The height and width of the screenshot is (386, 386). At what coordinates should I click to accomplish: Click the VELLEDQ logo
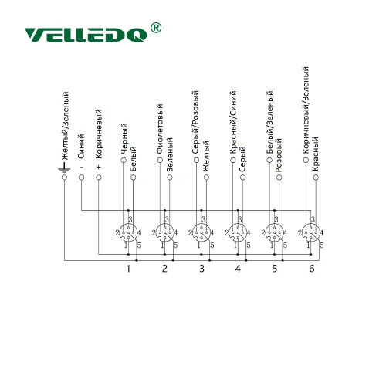86,35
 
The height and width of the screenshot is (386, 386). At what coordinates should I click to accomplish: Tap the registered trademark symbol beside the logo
156,28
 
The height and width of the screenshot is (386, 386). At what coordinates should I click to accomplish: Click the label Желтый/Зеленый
65,126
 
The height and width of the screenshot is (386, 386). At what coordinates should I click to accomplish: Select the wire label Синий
81,146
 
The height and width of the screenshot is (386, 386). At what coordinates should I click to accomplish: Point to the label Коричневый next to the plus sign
99,134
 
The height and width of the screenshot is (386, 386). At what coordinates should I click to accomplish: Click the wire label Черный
124,139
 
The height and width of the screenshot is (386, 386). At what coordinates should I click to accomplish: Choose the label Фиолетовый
160,129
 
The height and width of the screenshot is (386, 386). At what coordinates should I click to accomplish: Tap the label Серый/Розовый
196,123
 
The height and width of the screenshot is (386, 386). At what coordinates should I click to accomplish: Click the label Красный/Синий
233,123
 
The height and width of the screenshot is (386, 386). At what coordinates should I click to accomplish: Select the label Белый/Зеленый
269,123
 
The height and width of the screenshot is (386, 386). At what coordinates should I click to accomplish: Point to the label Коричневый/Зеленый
306,110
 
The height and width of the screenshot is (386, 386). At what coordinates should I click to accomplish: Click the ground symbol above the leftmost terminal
64,167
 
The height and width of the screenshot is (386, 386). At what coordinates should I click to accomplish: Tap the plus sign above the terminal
99,168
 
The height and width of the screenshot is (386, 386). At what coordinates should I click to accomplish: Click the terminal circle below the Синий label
81,178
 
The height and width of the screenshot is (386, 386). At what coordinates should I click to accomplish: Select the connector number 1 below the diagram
128,269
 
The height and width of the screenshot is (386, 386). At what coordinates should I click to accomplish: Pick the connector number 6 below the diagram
312,269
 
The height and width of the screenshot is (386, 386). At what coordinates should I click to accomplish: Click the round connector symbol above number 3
201,233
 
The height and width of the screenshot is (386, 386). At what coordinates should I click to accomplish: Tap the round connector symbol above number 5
274,233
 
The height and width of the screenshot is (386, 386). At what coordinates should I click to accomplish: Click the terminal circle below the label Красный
316,178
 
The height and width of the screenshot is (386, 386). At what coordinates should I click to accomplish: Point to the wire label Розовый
279,155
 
